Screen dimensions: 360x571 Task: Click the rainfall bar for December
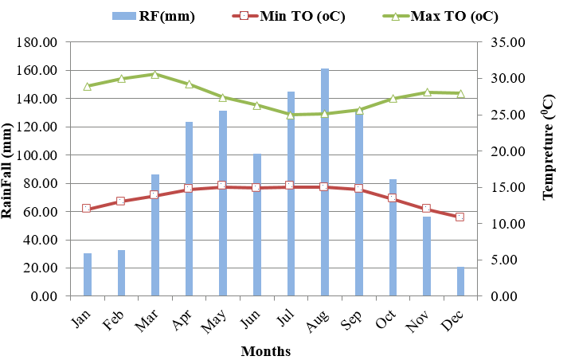pyautogui.click(x=460, y=281)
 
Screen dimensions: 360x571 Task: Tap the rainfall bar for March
pyautogui.click(x=155, y=235)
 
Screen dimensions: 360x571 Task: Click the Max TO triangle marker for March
pyautogui.click(x=155, y=74)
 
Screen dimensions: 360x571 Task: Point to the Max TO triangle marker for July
pyautogui.click(x=291, y=114)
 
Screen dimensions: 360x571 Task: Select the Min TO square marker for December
pyautogui.click(x=460, y=217)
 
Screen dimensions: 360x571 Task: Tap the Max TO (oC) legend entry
pyautogui.click(x=437, y=16)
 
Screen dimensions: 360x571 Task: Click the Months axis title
pyautogui.click(x=266, y=350)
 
